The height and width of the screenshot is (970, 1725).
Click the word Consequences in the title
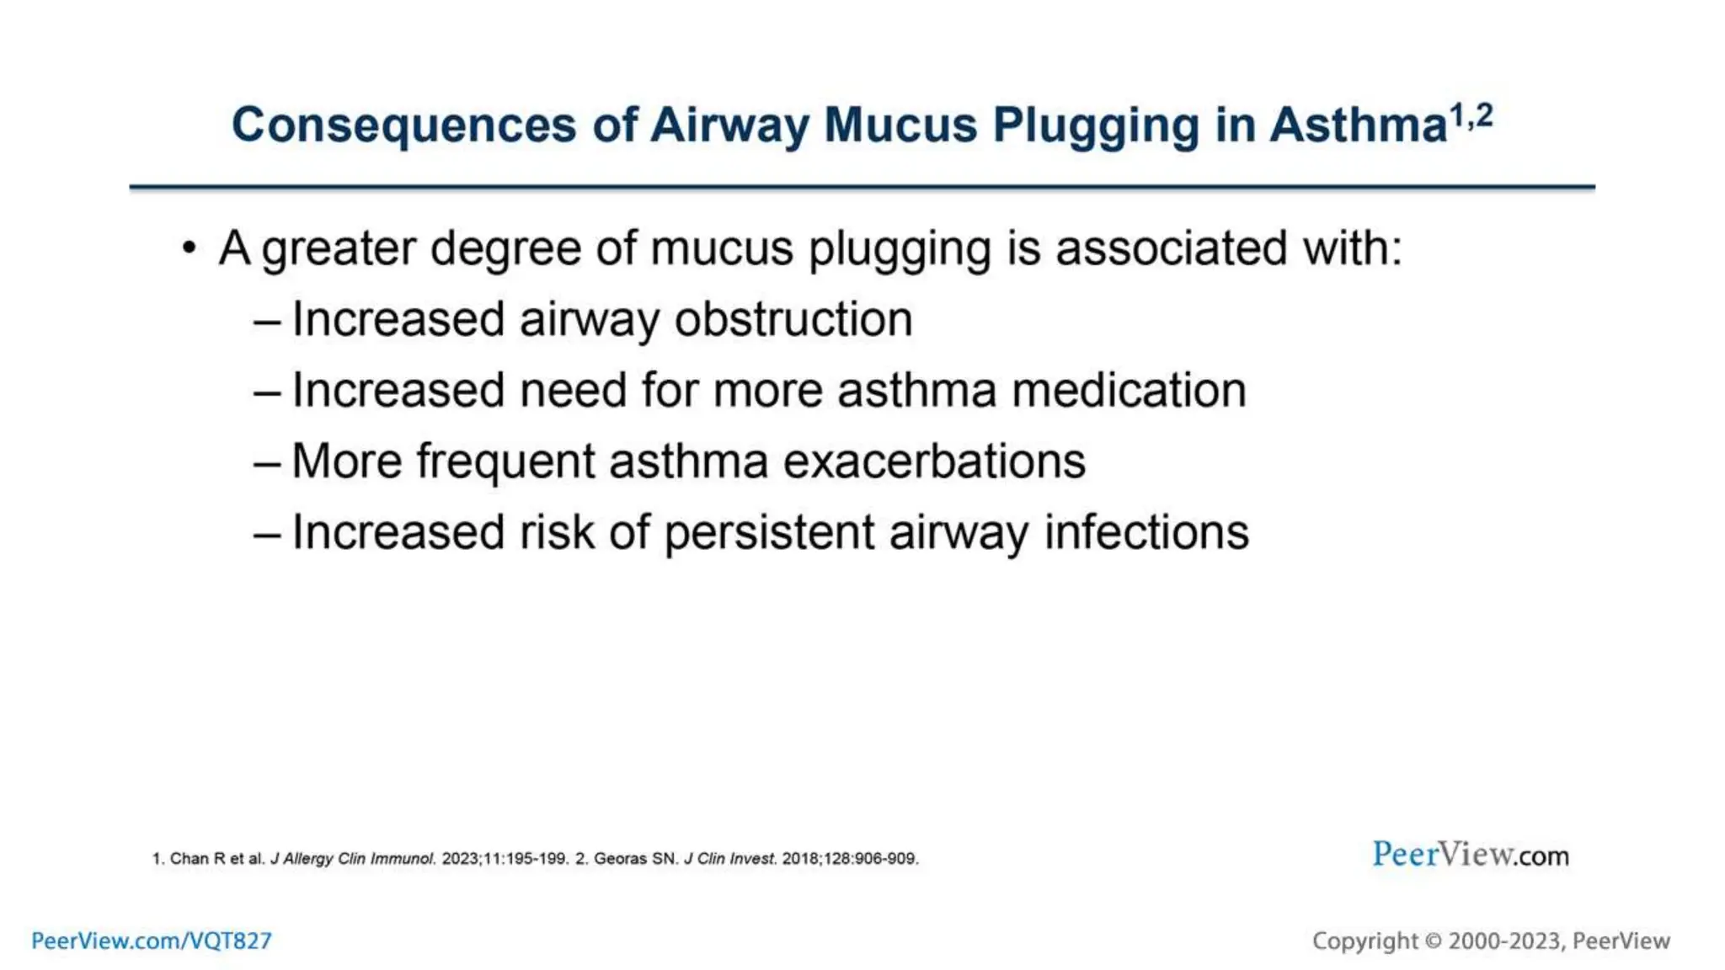point(403,125)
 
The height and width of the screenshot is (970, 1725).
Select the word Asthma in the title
point(1358,125)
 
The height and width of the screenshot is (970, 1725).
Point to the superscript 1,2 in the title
point(1471,116)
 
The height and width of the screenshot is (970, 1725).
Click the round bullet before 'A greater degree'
point(190,248)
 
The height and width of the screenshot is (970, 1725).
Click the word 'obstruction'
point(793,319)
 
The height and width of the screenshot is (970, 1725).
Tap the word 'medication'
point(1128,390)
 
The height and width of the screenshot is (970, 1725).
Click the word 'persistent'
point(769,532)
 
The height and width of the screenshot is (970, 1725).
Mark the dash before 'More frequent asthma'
point(266,462)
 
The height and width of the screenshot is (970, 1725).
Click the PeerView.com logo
point(1470,855)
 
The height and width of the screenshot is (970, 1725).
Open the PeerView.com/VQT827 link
point(152,941)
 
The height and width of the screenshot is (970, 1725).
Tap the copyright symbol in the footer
point(1433,941)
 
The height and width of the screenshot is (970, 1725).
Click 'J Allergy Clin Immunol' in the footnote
point(352,859)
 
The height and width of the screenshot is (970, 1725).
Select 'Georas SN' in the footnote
point(635,859)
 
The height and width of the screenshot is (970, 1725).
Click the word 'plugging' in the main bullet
point(899,250)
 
